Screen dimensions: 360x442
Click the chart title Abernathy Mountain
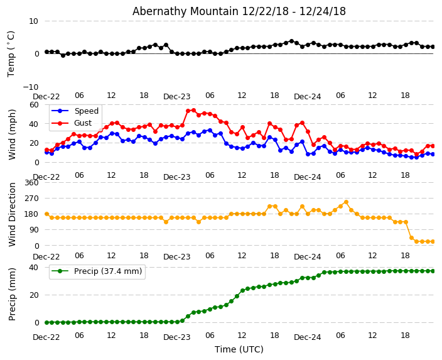[239, 11]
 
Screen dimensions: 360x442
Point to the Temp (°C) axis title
[11, 53]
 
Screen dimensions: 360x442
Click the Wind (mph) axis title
[13, 134]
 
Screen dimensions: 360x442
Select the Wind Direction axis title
[13, 214]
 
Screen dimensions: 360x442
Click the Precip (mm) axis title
[13, 294]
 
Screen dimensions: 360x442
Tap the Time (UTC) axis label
[239, 349]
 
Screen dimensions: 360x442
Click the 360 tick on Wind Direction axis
[31, 183]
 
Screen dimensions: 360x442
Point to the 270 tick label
[31, 199]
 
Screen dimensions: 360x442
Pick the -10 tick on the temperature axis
[30, 87]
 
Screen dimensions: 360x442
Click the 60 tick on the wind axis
[33, 105]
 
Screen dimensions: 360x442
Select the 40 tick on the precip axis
[33, 268]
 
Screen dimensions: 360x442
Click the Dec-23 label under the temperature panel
[177, 97]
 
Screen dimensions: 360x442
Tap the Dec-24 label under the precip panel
[308, 337]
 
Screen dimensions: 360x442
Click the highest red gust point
[193, 111]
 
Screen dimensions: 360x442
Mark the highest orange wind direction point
[345, 202]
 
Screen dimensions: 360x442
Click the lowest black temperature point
[63, 55]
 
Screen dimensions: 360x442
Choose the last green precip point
[433, 271]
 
